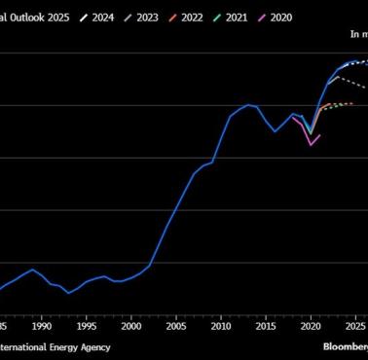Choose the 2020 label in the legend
(x=307, y=17)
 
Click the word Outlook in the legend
(x=26, y=17)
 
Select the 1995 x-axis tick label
(x=87, y=326)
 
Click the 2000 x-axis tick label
(x=131, y=326)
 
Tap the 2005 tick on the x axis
(x=176, y=326)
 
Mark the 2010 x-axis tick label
(x=221, y=326)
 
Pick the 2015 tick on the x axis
(x=266, y=326)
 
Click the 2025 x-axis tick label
(x=355, y=326)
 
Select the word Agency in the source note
(x=94, y=346)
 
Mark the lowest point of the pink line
(x=311, y=144)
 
